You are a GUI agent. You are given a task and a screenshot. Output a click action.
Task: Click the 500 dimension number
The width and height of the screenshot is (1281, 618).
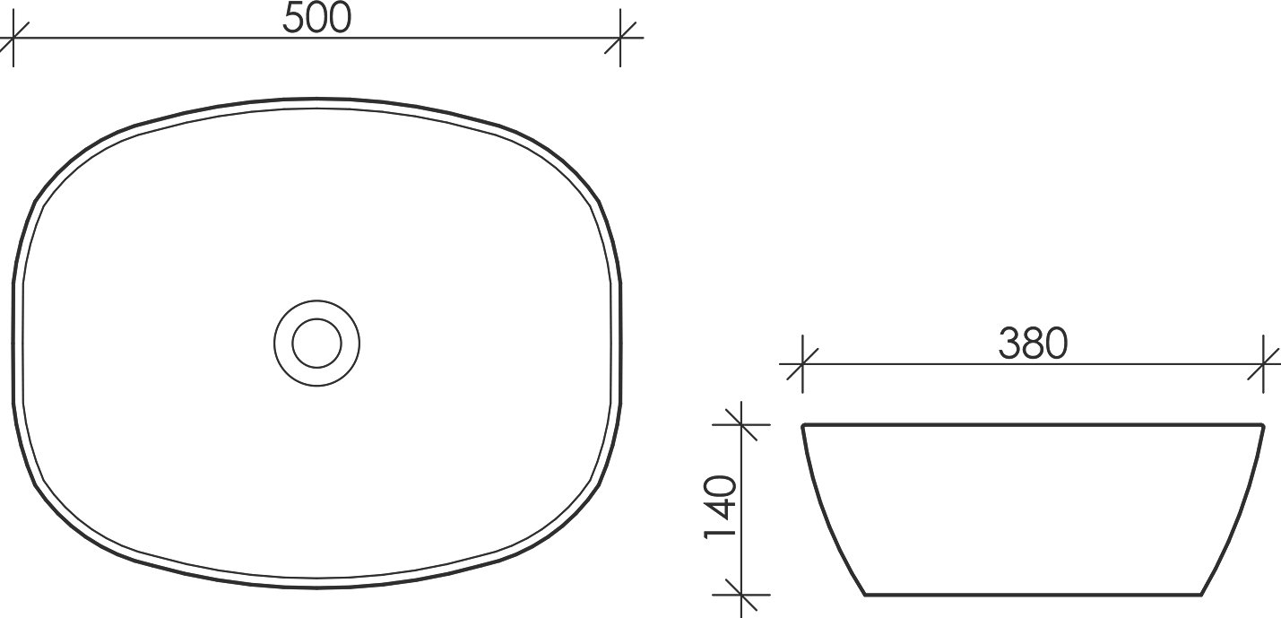(316, 19)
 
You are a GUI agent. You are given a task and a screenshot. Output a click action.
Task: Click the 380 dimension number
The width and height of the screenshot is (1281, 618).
(1033, 344)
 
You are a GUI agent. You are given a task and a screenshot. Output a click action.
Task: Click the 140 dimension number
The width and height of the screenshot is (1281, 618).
(720, 508)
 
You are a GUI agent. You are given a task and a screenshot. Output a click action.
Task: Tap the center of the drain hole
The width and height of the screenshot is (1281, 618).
(316, 343)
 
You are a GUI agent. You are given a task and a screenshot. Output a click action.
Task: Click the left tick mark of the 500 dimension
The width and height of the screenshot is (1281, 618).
(13, 39)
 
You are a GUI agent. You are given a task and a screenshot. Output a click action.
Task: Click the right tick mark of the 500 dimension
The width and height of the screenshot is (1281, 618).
(620, 39)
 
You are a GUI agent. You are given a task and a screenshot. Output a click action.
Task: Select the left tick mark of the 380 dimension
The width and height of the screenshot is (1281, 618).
(801, 364)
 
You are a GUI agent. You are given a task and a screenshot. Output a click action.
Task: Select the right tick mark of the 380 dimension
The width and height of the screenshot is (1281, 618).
(1264, 364)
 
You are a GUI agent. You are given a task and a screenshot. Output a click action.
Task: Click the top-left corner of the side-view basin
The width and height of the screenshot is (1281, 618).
(803, 425)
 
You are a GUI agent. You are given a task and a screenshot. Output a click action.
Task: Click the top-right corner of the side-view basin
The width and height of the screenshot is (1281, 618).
(1262, 425)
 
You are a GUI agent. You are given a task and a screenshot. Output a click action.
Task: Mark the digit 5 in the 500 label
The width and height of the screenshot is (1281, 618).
(294, 19)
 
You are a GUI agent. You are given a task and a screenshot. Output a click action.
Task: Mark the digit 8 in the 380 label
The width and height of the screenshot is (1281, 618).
(1033, 344)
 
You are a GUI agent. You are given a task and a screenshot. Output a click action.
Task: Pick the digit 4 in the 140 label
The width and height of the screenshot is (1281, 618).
(720, 508)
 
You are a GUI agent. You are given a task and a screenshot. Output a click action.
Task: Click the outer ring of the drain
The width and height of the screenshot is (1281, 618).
(316, 301)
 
